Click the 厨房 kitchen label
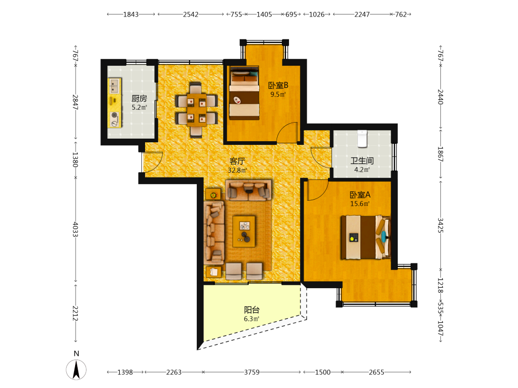click(139, 98)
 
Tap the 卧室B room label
click(278, 85)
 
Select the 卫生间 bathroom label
click(362, 161)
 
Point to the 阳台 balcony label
click(252, 310)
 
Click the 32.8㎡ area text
click(237, 170)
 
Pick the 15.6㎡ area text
click(360, 203)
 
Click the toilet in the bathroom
click(362, 139)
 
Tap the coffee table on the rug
click(244, 231)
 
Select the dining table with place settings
click(196, 110)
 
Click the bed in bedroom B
click(244, 93)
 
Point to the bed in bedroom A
click(366, 237)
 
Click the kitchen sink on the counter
click(114, 86)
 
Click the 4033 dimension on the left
click(75, 229)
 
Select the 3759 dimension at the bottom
click(252, 372)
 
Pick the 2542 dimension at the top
click(191, 14)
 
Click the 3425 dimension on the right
click(440, 226)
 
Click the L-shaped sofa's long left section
click(214, 233)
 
